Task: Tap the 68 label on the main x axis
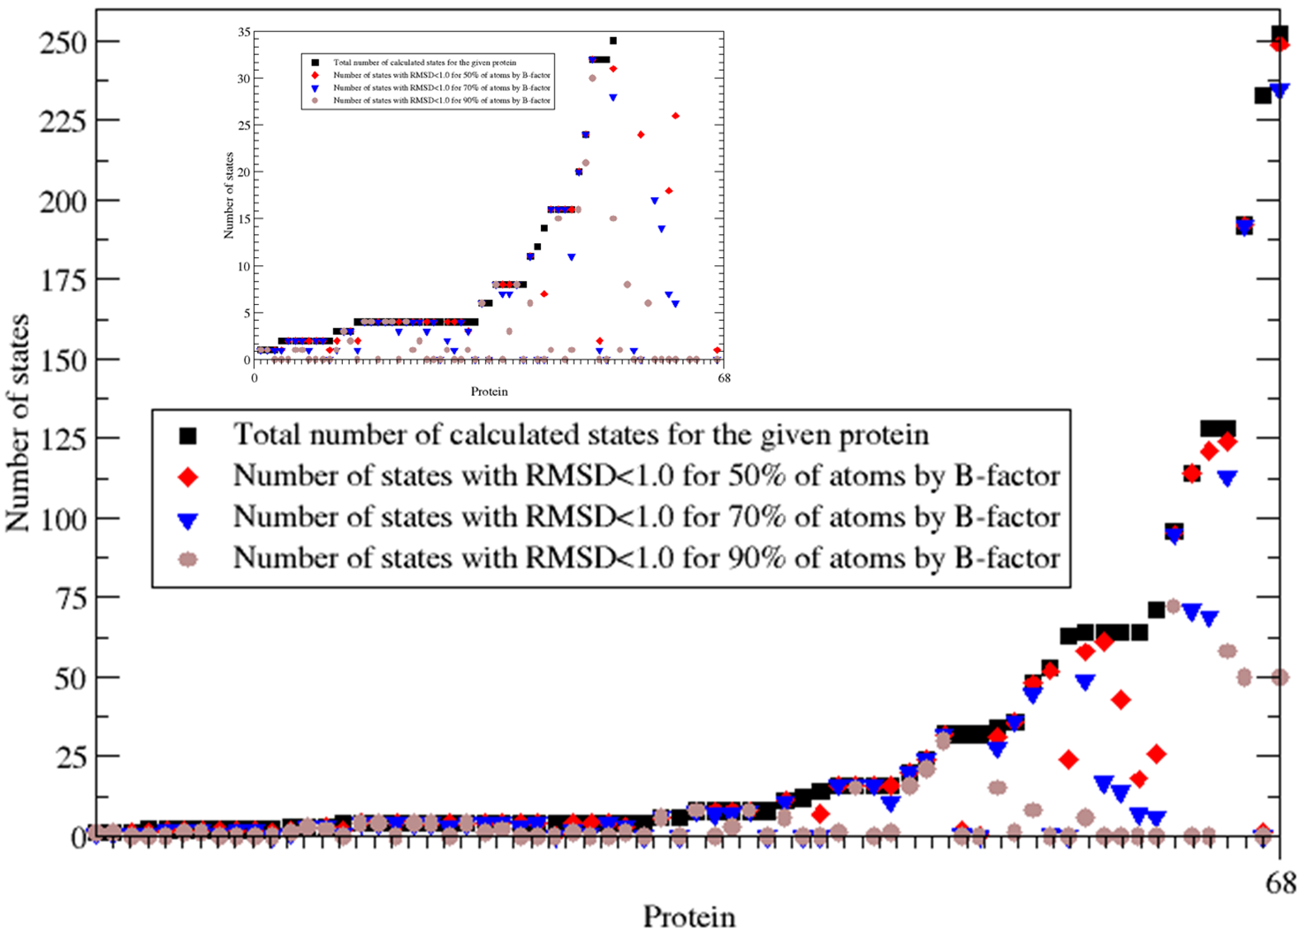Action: [x=1281, y=883]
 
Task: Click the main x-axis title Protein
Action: [x=688, y=917]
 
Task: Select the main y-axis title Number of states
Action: [x=18, y=423]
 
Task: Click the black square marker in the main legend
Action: [x=188, y=435]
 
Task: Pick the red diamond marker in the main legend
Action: [x=188, y=476]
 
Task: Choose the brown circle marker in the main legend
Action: [x=188, y=560]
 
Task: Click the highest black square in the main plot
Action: [x=1279, y=34]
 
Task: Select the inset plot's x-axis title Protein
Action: [x=489, y=391]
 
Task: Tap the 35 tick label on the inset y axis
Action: [x=244, y=32]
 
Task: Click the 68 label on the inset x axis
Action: [x=723, y=378]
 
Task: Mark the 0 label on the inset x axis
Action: [x=255, y=378]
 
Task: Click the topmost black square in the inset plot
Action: [x=612, y=41]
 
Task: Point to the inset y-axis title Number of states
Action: [x=229, y=195]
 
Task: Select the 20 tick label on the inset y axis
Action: [x=244, y=171]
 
